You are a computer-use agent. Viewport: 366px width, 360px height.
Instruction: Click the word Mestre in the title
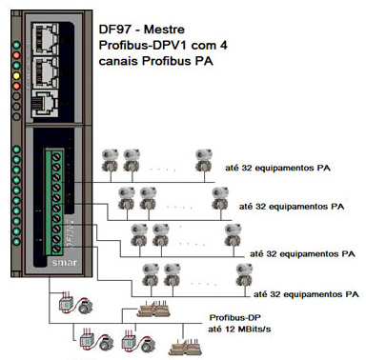tap(164, 30)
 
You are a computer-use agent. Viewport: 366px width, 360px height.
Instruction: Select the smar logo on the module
tap(65, 263)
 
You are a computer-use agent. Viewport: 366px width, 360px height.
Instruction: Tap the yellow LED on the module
tap(16, 76)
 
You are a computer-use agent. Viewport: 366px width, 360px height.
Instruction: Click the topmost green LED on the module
tap(16, 45)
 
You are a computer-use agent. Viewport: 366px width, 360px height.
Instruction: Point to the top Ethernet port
tap(45, 38)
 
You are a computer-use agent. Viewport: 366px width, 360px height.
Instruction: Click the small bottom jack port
tap(45, 104)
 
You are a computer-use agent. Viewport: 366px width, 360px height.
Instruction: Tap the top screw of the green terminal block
tap(56, 157)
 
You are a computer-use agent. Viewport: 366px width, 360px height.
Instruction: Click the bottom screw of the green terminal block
tap(56, 249)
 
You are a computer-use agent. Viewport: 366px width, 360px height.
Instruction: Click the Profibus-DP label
tap(235, 317)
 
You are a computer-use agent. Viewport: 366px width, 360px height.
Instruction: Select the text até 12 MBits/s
tap(239, 329)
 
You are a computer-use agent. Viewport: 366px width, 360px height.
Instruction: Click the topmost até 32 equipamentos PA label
tap(277, 168)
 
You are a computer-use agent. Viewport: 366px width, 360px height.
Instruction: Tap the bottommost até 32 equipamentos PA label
tap(306, 294)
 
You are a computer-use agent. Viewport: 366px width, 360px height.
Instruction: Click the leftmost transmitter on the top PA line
tap(110, 161)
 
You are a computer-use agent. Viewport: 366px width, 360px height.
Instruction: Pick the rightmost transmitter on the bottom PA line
tap(244, 275)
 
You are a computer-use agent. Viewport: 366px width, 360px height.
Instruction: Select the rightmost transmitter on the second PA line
tap(220, 199)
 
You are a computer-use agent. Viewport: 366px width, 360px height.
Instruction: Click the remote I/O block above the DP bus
tap(153, 309)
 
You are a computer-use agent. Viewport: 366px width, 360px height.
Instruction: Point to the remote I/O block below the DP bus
tap(186, 348)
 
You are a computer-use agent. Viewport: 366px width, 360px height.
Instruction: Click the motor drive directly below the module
tap(75, 304)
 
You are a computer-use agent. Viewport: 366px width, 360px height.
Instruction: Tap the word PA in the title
tap(204, 61)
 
